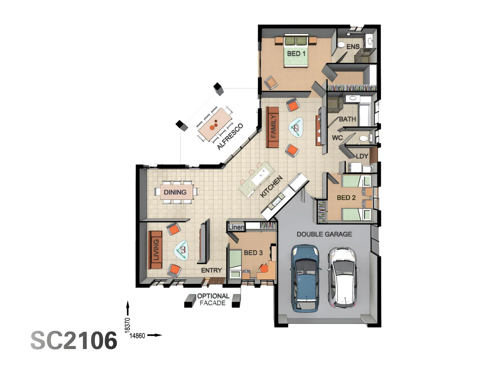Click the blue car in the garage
pyautogui.click(x=306, y=278)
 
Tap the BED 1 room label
pyautogui.click(x=296, y=54)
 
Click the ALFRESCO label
pyautogui.click(x=230, y=136)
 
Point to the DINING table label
pyautogui.click(x=175, y=192)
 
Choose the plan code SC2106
pyautogui.click(x=74, y=341)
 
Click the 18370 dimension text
pyautogui.click(x=128, y=325)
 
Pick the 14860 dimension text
pyautogui.click(x=137, y=336)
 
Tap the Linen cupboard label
pyautogui.click(x=236, y=227)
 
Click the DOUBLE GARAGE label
pyautogui.click(x=324, y=234)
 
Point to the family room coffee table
pyautogui.click(x=296, y=127)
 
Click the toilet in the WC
pyautogui.click(x=364, y=139)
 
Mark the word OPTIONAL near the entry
pyautogui.click(x=213, y=296)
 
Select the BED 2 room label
pyautogui.click(x=346, y=198)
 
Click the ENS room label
pyautogui.click(x=353, y=47)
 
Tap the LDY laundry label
pyautogui.click(x=362, y=156)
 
